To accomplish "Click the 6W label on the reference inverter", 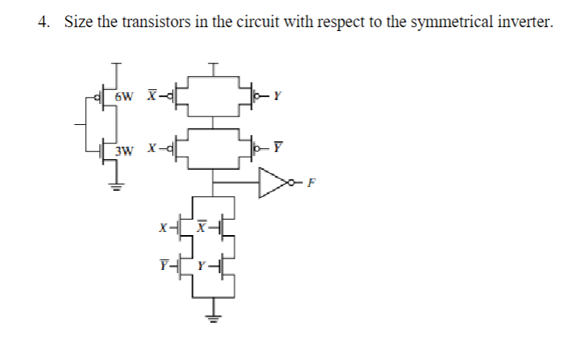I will tap(124, 97).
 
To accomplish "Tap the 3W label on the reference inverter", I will tap(124, 148).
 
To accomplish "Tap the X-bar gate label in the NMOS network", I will tap(202, 228).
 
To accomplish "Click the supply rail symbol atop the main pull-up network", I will tap(213, 64).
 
